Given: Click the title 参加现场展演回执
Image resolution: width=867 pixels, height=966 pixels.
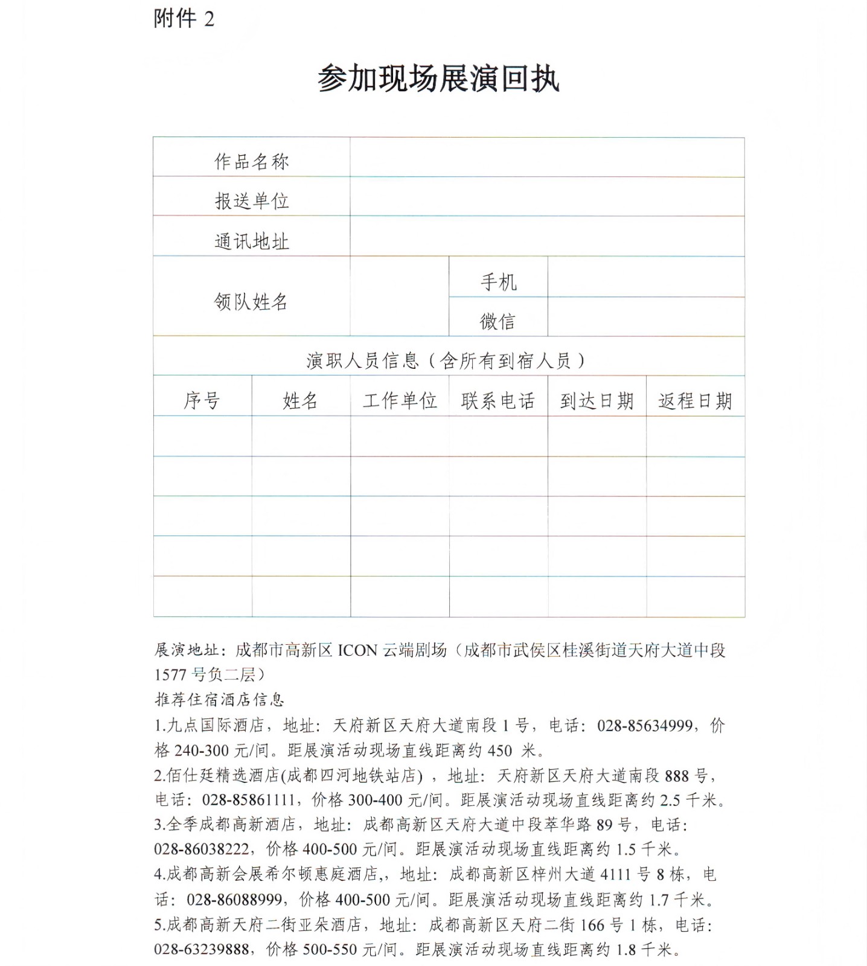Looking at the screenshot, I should point(438,78).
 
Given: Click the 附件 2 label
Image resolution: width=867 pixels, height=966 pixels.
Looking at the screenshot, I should point(184,19).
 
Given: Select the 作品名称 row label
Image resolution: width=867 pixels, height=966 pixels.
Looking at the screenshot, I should point(252,161).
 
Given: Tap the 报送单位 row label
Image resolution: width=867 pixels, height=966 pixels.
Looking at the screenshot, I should point(252,201).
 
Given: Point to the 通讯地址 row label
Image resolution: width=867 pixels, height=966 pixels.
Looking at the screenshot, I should point(252,241).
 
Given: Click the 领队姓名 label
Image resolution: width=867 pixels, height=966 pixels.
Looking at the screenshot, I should point(251,301).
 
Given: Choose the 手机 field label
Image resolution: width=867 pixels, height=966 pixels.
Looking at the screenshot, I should point(498,281).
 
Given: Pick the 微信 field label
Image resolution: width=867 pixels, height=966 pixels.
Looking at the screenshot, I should point(498,321).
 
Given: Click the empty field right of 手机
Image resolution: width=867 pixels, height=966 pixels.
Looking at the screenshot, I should point(646,277).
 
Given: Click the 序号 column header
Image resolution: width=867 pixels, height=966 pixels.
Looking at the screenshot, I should point(202,400).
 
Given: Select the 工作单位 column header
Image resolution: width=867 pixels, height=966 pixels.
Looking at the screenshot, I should point(400,400).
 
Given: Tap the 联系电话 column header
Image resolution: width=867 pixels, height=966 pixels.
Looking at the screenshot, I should point(498,400).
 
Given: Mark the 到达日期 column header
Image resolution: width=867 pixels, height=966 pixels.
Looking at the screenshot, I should point(597,400).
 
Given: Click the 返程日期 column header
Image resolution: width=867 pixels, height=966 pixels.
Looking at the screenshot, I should point(695,400).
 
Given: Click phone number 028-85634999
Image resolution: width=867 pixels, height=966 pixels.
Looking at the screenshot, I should point(644,725).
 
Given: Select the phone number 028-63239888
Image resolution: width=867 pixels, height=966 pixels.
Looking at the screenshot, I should point(201,949).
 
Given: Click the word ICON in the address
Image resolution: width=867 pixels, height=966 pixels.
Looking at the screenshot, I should point(357,650).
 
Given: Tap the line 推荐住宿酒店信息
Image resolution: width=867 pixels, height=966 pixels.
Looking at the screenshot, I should point(219,700).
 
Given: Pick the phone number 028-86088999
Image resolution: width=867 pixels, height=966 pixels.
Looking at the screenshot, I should point(234,900).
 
